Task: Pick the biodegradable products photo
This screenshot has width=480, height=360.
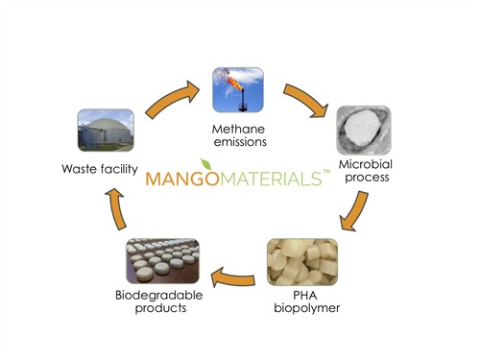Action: click(163, 260)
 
